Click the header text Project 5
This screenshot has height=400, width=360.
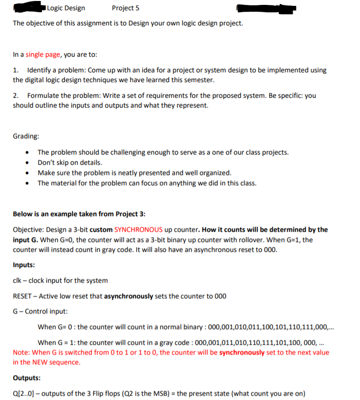click(x=125, y=8)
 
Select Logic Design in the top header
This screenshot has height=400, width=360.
click(x=66, y=8)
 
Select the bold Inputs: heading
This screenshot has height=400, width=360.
click(x=23, y=265)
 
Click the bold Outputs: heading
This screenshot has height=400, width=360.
click(x=26, y=378)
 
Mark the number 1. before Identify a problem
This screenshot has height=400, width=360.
click(x=16, y=70)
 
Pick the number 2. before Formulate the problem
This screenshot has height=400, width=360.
click(x=16, y=95)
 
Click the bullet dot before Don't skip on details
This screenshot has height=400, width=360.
click(x=31, y=163)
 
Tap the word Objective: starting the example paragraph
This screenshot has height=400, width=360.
click(x=27, y=229)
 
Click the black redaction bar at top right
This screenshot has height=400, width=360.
click(x=266, y=8)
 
